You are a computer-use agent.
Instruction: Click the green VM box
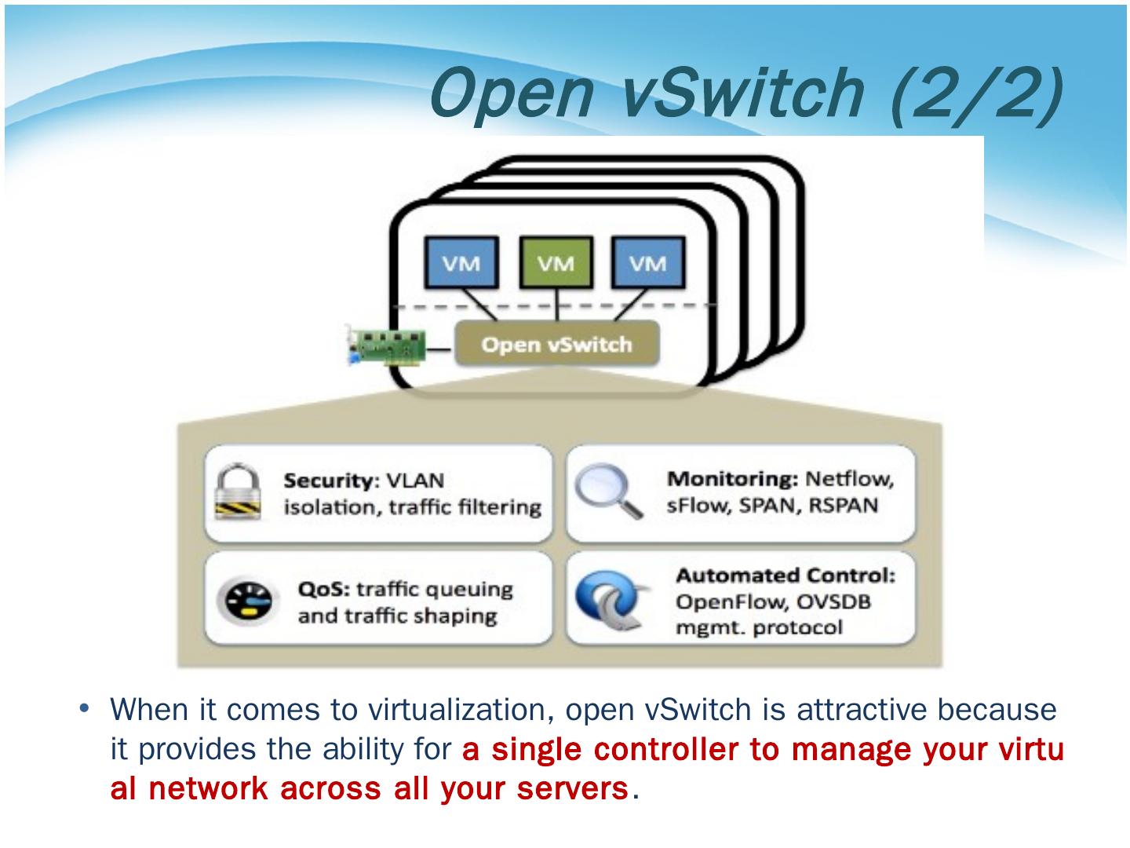coord(556,262)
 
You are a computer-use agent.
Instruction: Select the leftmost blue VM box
coord(461,262)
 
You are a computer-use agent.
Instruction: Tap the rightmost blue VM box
coord(648,262)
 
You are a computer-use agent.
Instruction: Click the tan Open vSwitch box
coord(557,343)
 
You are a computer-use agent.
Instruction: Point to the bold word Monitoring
coord(732,479)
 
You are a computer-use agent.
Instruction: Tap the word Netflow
coord(849,479)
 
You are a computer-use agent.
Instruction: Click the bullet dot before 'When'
coord(85,708)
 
